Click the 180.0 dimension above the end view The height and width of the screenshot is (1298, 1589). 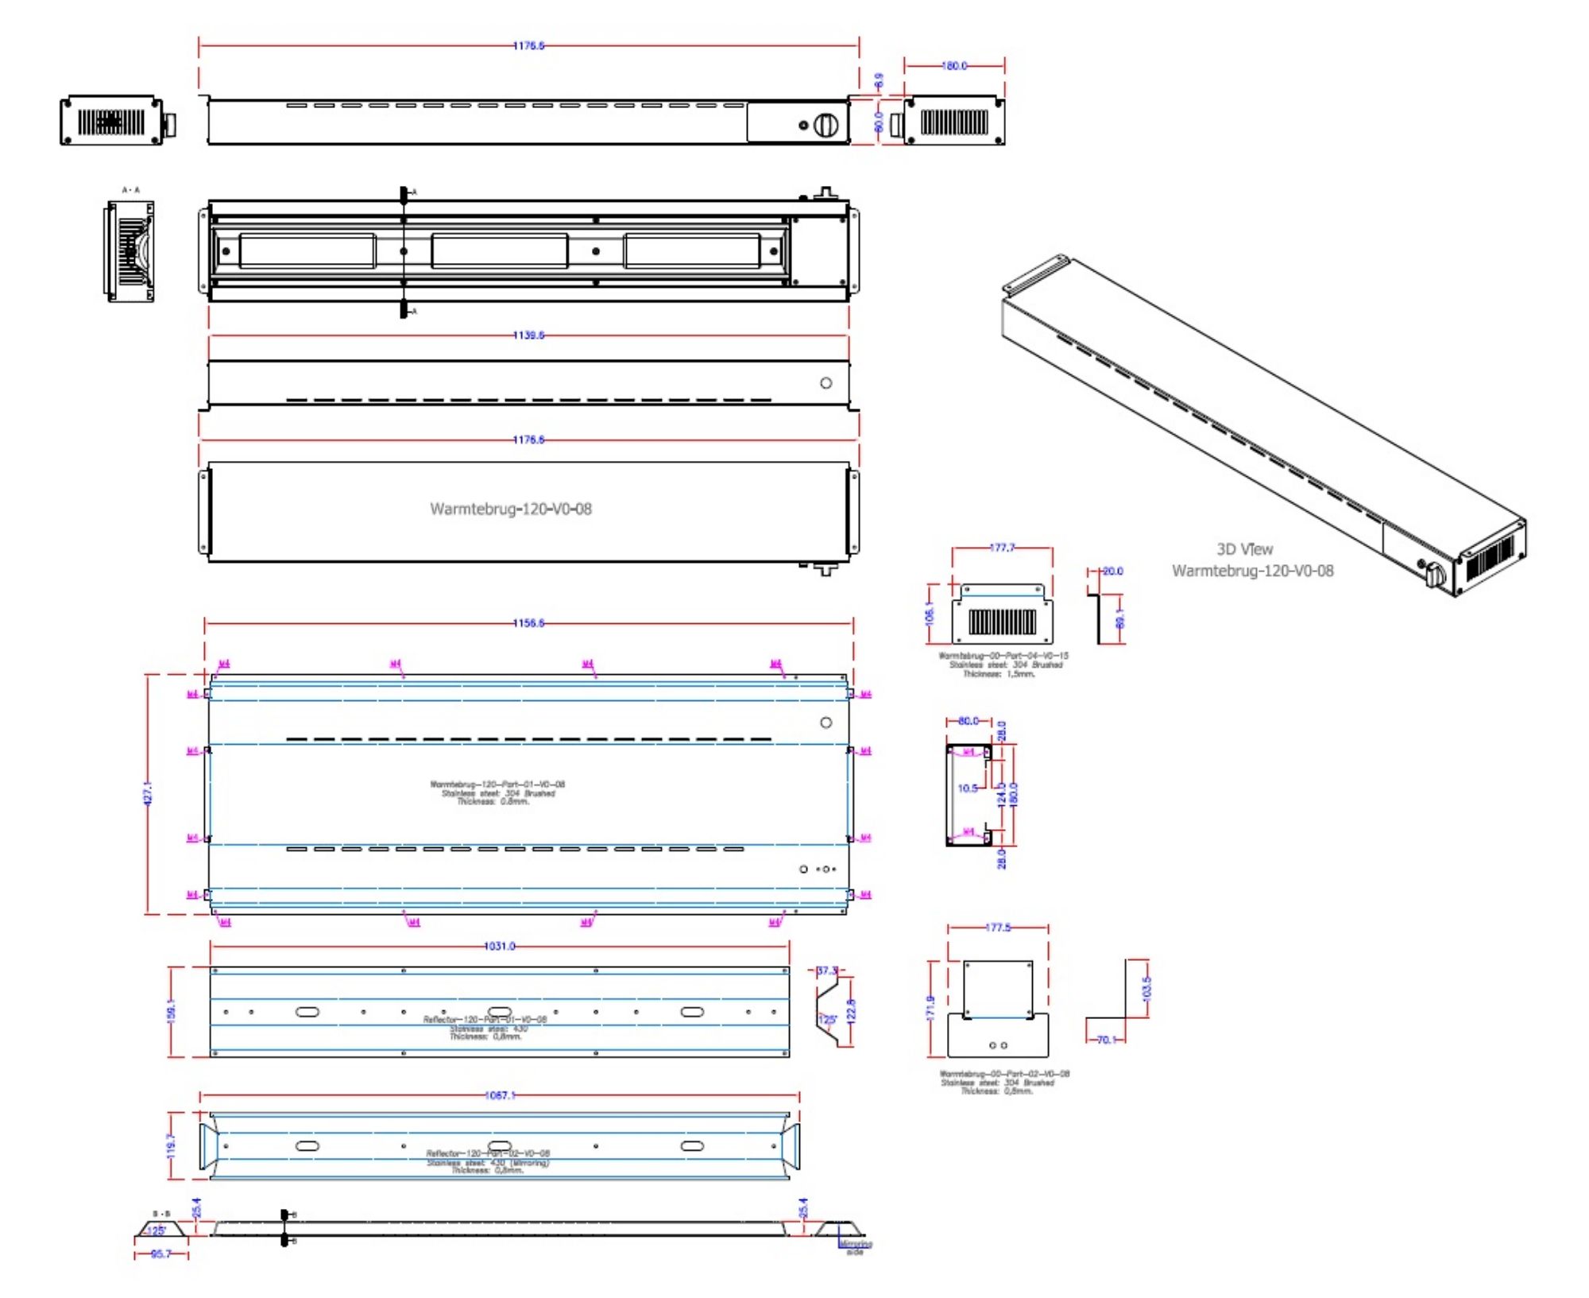tap(954, 66)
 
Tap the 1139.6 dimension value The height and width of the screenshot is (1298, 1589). tap(528, 335)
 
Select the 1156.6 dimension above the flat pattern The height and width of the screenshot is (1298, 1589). tap(528, 623)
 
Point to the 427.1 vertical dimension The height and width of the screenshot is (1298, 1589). tap(148, 793)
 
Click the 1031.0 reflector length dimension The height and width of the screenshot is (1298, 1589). tap(499, 946)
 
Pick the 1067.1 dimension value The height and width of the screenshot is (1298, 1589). tap(499, 1095)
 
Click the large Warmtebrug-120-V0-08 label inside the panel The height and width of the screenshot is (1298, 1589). tap(511, 509)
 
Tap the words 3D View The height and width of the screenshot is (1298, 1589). tap(1244, 549)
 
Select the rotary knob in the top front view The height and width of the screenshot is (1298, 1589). tap(825, 125)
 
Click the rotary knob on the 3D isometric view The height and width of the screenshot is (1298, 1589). tap(1435, 575)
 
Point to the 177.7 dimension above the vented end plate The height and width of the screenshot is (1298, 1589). tap(1002, 548)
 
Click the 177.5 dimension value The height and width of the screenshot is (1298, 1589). tap(997, 928)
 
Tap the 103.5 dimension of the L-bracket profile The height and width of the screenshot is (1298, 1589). tap(1146, 988)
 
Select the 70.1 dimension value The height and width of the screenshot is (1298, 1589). tap(1105, 1040)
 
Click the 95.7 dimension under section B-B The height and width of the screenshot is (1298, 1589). tap(160, 1254)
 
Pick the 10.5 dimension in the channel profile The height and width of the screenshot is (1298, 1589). tap(967, 788)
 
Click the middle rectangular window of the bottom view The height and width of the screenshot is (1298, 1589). tap(499, 251)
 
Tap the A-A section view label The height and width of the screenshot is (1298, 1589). tap(130, 190)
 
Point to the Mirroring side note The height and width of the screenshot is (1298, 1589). tap(856, 1247)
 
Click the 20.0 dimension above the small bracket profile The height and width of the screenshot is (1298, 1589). tap(1112, 571)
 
